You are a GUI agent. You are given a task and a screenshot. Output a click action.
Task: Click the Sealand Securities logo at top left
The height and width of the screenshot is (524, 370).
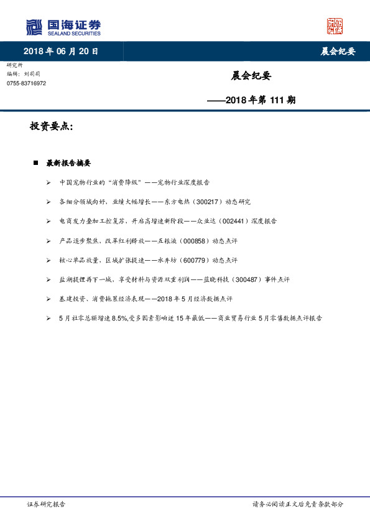pyautogui.click(x=63, y=27)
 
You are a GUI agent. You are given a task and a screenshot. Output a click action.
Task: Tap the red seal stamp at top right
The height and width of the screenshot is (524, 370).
pyautogui.click(x=335, y=26)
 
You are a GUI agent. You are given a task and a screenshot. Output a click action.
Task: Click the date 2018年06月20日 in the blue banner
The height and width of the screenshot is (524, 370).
pyautogui.click(x=61, y=51)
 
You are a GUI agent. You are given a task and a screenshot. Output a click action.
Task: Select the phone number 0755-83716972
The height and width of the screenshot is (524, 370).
pyautogui.click(x=26, y=83)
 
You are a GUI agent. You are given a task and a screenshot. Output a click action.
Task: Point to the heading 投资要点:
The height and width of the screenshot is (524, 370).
pyautogui.click(x=52, y=126)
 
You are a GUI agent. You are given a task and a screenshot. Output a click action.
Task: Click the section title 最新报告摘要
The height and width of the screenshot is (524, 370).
pyautogui.click(x=68, y=163)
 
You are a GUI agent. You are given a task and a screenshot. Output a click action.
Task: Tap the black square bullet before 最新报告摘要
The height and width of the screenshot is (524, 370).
pyautogui.click(x=37, y=163)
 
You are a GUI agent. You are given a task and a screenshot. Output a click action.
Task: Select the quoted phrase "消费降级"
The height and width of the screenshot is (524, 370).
pyautogui.click(x=125, y=182)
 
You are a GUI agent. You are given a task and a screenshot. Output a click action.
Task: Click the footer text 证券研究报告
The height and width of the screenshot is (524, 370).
pyautogui.click(x=46, y=504)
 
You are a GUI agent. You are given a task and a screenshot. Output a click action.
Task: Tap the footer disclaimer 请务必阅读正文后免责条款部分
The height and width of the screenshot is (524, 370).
pyautogui.click(x=298, y=504)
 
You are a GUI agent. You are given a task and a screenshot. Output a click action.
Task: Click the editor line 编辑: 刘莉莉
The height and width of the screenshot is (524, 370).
pyautogui.click(x=24, y=74)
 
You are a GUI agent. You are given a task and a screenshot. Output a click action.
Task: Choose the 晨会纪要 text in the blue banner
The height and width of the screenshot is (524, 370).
pyautogui.click(x=338, y=51)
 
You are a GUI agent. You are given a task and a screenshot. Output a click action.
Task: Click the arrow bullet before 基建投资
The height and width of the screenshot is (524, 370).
pyautogui.click(x=49, y=299)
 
